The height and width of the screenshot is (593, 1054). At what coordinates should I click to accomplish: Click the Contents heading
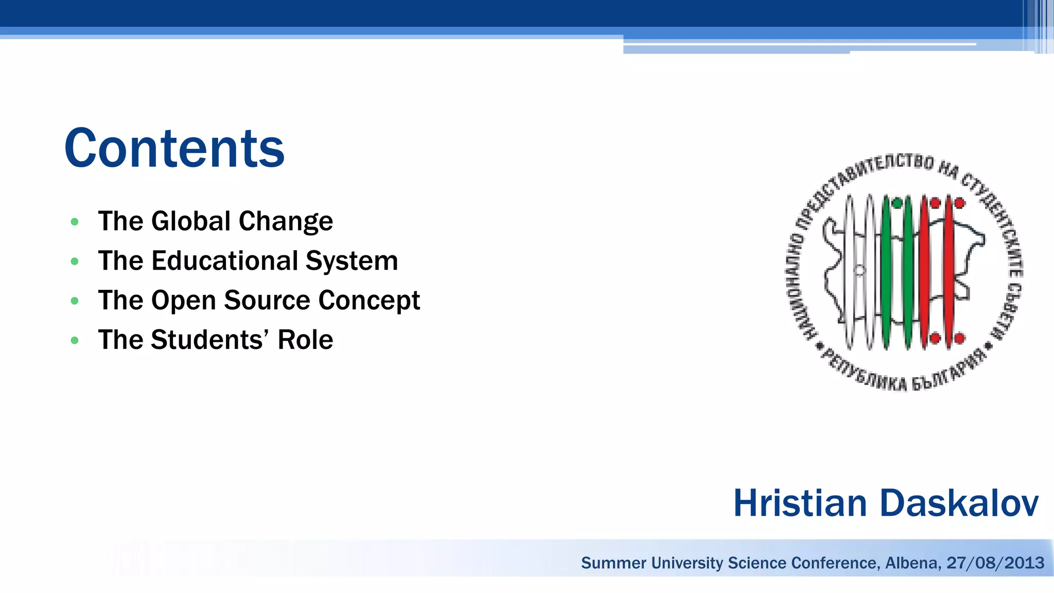click(174, 148)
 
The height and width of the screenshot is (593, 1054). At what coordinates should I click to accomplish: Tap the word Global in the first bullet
click(190, 221)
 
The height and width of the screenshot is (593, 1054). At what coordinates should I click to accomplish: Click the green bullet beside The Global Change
click(75, 222)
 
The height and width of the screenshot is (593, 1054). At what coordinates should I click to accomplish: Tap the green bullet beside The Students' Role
click(75, 340)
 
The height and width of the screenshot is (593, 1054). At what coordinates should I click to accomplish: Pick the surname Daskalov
click(959, 503)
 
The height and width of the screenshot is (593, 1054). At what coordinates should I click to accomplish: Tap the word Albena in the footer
click(913, 563)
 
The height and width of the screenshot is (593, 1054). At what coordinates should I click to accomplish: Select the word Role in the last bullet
click(306, 340)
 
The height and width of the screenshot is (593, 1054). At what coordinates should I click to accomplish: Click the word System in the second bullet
click(352, 260)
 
